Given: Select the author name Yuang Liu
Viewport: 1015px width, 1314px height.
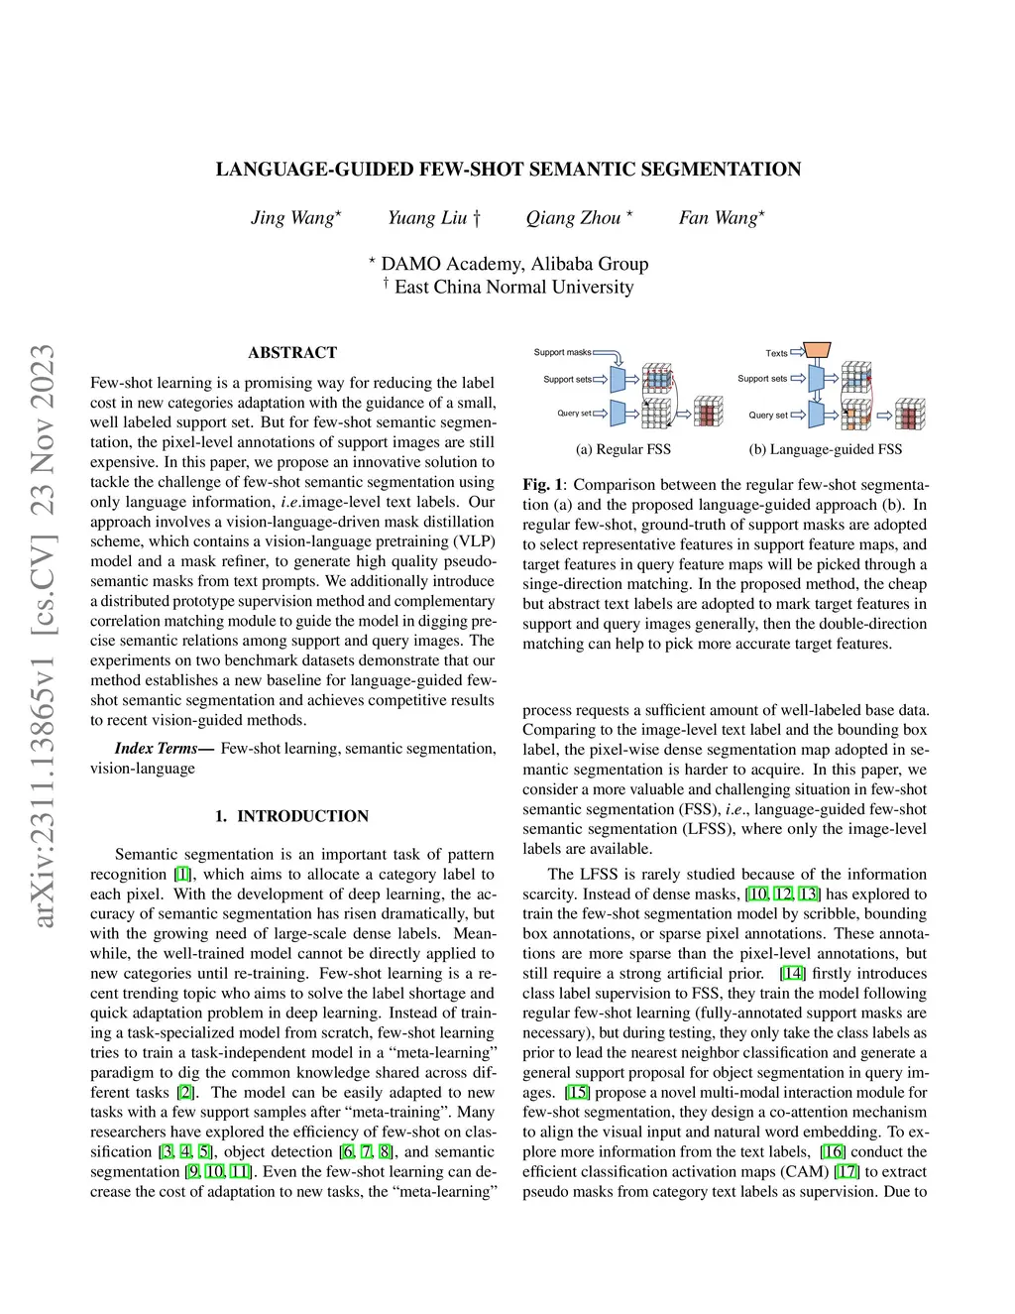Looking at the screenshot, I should [x=427, y=218].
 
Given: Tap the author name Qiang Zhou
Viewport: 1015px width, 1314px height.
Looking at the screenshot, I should [x=573, y=218].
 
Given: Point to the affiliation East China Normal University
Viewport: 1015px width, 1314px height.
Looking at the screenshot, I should [x=513, y=288].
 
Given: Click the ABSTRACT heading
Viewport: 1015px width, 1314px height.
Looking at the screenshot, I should [x=292, y=353].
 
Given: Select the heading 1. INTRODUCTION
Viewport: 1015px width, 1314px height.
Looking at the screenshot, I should [x=291, y=816].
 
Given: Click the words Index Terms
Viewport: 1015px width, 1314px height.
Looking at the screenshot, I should [x=157, y=749].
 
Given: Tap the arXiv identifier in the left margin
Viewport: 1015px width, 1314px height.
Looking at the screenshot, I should [x=42, y=635].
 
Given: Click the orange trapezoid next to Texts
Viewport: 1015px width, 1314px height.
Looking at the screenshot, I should [x=817, y=350].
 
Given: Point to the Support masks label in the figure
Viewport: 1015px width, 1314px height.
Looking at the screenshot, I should [x=562, y=352].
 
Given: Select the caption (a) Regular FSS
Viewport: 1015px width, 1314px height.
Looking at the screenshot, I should [x=622, y=449].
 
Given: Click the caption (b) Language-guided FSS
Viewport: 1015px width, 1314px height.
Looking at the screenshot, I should [x=826, y=449].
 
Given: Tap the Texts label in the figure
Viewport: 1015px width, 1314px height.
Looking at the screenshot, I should [x=776, y=353].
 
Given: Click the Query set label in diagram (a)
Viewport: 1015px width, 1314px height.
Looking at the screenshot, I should [x=574, y=414].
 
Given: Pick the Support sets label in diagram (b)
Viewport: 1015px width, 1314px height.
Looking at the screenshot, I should [x=762, y=379].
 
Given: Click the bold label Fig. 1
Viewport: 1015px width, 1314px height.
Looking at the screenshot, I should [x=542, y=485].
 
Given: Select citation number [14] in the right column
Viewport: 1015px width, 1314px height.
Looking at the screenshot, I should [x=793, y=974].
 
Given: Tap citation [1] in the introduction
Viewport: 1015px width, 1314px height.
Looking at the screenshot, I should [x=182, y=875].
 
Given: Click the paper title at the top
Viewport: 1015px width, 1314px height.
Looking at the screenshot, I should [x=508, y=170].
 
